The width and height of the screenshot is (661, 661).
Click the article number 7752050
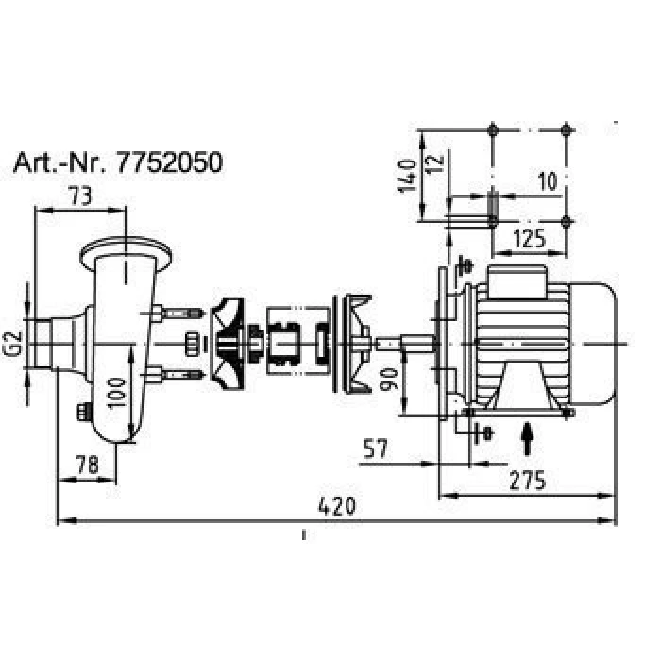click(x=169, y=162)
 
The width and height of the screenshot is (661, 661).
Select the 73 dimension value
click(x=80, y=196)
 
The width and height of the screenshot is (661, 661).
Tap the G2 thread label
click(x=15, y=343)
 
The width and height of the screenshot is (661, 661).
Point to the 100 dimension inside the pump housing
click(x=117, y=393)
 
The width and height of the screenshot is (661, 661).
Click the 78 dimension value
click(x=88, y=465)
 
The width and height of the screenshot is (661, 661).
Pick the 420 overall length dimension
click(x=336, y=506)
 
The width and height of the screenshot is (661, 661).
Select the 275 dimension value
click(x=527, y=481)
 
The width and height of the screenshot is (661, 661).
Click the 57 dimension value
click(x=375, y=449)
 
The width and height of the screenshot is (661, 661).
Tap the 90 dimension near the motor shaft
click(x=388, y=379)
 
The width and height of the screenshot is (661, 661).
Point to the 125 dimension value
click(x=529, y=239)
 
